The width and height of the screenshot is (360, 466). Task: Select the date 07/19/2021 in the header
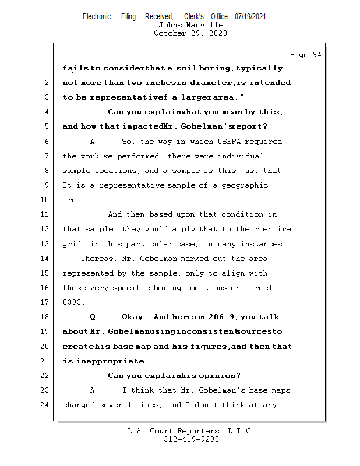(250, 16)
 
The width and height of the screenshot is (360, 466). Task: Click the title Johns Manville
(190, 25)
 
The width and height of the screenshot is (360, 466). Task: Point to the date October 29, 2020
(190, 33)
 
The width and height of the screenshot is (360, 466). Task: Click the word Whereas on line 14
(97, 259)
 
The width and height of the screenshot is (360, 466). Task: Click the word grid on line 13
(72, 244)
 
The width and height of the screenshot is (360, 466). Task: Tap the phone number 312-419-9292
(191, 439)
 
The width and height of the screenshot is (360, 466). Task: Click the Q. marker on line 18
(95, 317)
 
